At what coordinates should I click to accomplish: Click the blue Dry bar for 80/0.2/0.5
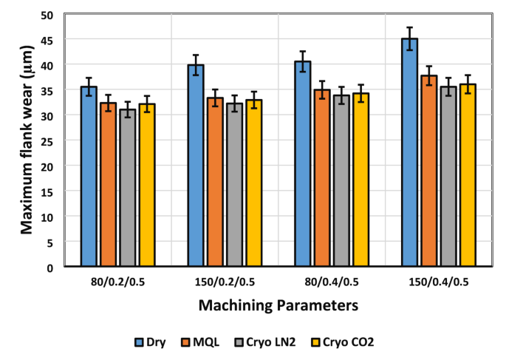tap(89, 177)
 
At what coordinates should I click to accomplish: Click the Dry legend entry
tap(150, 342)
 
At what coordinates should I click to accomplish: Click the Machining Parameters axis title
tap(278, 305)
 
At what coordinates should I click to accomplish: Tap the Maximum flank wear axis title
tap(27, 148)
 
